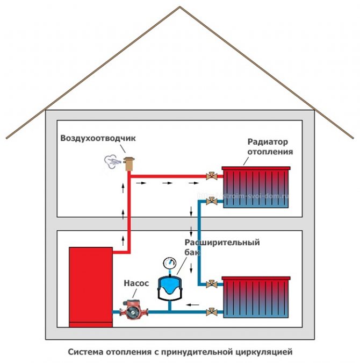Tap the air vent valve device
pos(128,162)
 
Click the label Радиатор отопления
pos(270,147)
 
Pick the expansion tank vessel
pos(169,288)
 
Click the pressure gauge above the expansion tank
pos(169,264)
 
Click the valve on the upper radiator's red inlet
pos(212,176)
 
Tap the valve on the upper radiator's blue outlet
pos(212,202)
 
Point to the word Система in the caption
pos(85,353)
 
